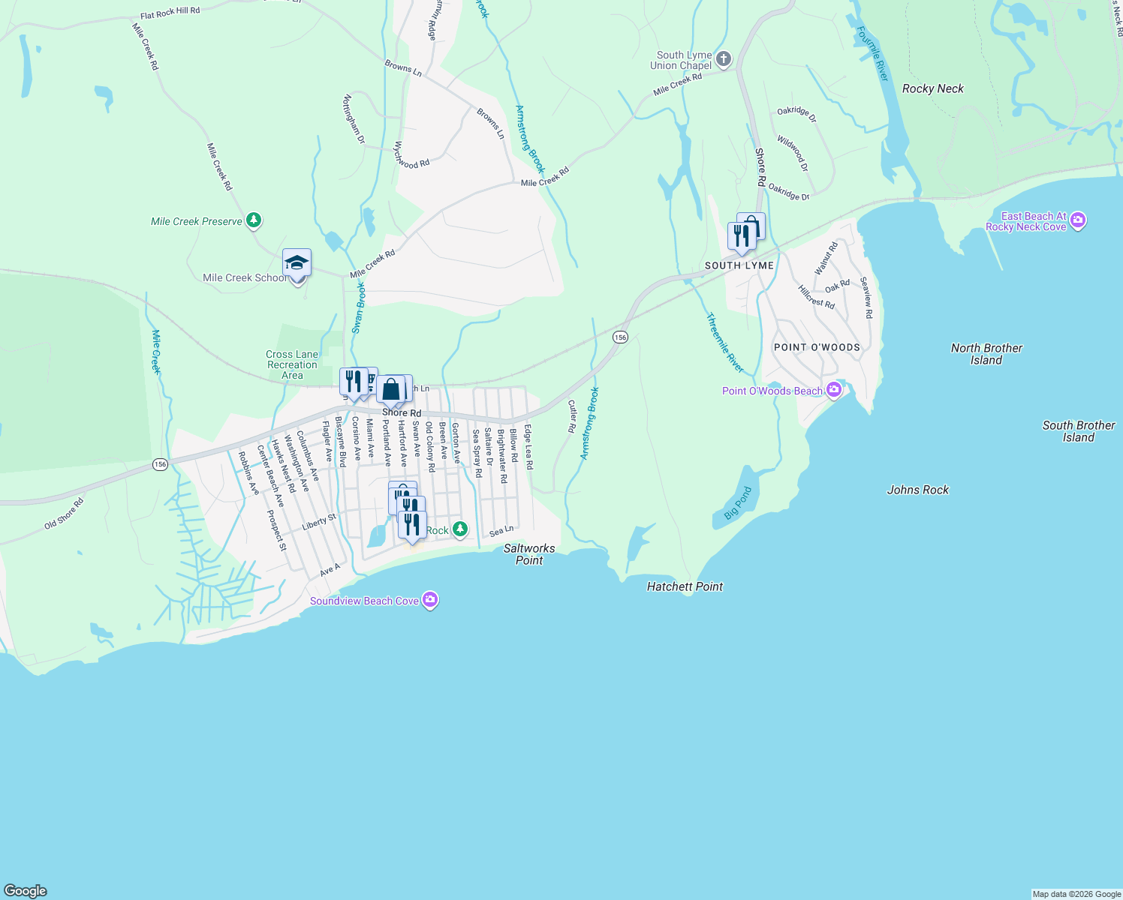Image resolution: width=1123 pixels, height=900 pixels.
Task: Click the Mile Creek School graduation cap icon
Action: [297, 263]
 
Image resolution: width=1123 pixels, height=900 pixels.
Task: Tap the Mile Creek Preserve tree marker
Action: [254, 220]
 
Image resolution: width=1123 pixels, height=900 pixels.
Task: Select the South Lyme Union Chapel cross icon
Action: [724, 59]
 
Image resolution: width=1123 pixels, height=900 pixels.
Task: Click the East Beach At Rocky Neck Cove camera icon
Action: [1078, 220]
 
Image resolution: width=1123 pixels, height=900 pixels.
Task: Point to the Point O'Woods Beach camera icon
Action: [833, 390]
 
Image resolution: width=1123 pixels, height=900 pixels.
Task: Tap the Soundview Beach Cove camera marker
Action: [430, 600]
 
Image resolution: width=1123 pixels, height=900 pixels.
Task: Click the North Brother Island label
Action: [986, 354]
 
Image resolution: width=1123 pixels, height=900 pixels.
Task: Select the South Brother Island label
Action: [1079, 431]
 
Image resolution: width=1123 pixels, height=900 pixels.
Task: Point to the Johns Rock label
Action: [918, 490]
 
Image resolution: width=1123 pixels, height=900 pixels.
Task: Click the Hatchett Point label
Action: [685, 586]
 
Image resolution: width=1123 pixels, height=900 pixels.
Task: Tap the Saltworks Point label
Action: [529, 554]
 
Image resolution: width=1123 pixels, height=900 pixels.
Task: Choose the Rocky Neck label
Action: [933, 88]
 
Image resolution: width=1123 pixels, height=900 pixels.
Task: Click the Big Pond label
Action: [737, 503]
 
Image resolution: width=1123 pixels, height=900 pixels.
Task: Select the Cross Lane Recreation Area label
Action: [292, 364]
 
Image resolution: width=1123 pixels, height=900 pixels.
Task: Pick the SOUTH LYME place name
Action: [739, 265]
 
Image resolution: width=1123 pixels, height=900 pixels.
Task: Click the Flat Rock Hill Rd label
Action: [170, 13]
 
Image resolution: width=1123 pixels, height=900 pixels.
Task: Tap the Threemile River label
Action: [724, 343]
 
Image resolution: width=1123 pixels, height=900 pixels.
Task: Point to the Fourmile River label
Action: [873, 54]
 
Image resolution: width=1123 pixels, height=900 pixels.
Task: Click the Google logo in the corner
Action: [26, 891]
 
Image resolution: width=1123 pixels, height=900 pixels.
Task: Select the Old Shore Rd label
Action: [64, 514]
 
